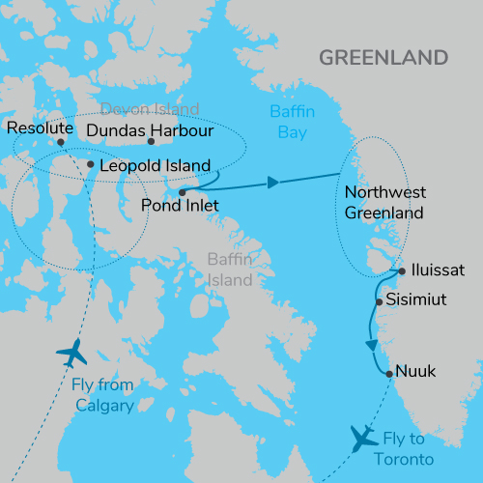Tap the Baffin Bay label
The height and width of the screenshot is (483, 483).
coord(292,121)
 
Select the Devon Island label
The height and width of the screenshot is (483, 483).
coord(151,108)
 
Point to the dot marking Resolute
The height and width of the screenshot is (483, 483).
coord(61,142)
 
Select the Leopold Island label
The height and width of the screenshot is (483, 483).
coord(147,165)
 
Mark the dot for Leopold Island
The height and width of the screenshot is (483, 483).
coord(90,165)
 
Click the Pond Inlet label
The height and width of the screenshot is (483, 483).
coord(179,206)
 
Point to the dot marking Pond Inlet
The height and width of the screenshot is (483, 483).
coord(182,191)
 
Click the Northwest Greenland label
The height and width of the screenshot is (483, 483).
coord(384,201)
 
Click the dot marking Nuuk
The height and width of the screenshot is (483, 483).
coord(389,374)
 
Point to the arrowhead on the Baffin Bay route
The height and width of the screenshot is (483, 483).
coord(274,182)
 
